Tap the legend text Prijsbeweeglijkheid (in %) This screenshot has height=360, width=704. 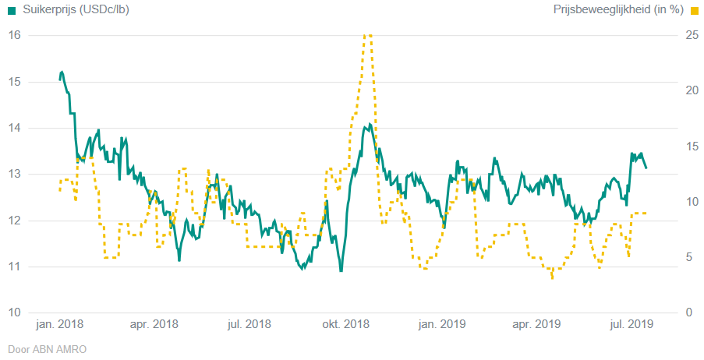point(618,10)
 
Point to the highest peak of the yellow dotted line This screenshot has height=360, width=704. point(367,35)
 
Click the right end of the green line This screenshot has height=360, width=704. point(646,168)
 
